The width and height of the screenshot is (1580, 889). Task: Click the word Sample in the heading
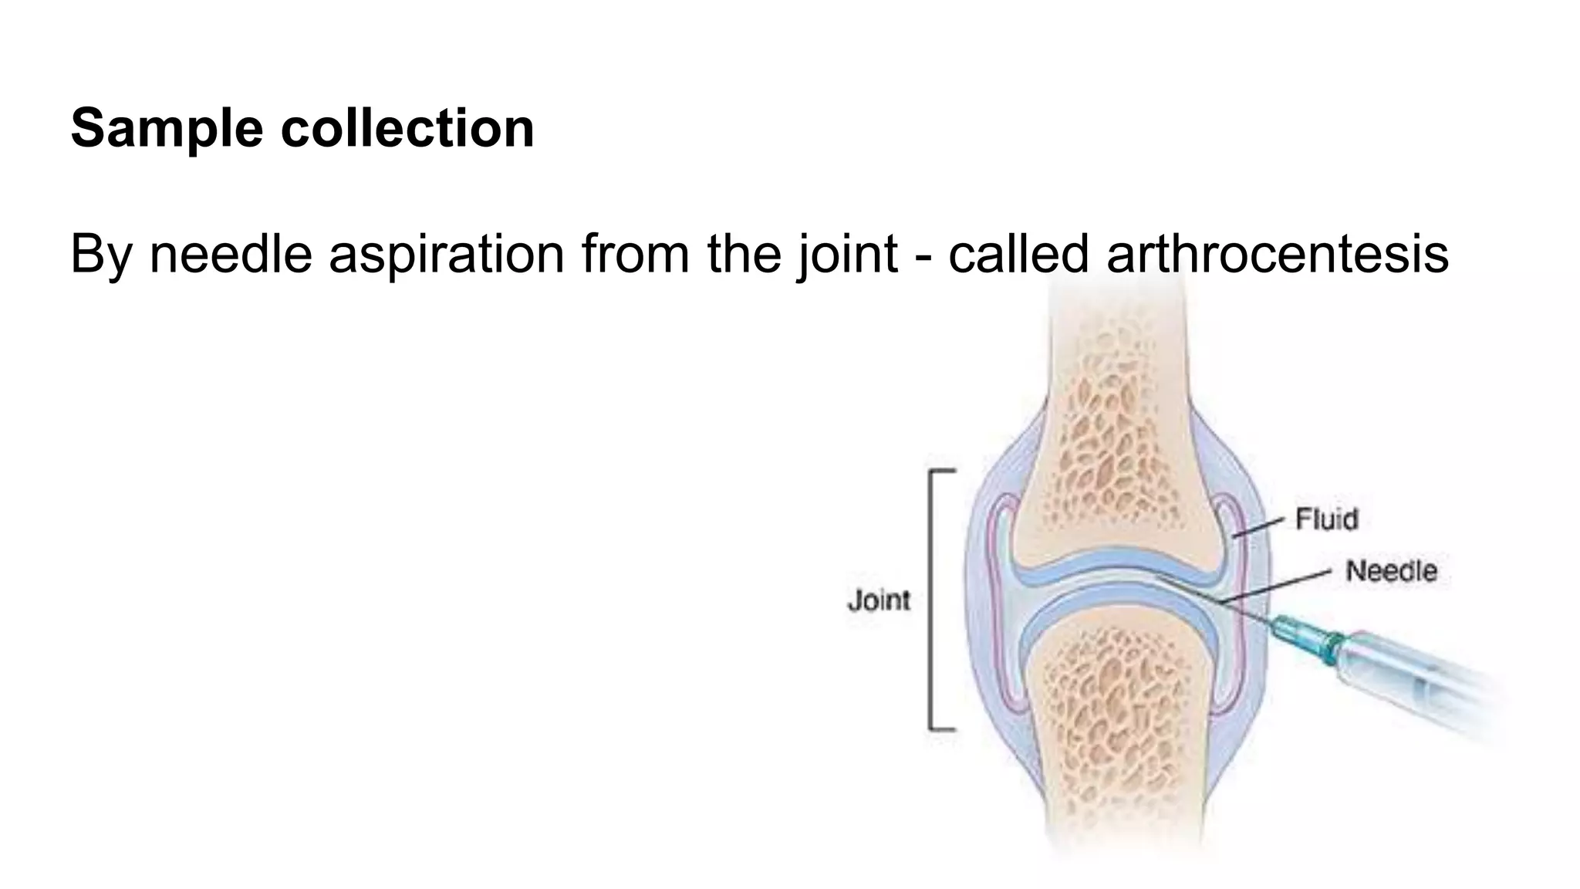point(167,129)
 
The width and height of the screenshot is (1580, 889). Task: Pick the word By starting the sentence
point(101,255)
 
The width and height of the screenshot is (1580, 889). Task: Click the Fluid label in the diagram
point(1326,519)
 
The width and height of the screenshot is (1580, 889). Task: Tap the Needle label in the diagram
point(1391,571)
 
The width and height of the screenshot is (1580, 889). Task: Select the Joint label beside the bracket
point(879,600)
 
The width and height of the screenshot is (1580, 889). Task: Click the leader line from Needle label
point(1277,586)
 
